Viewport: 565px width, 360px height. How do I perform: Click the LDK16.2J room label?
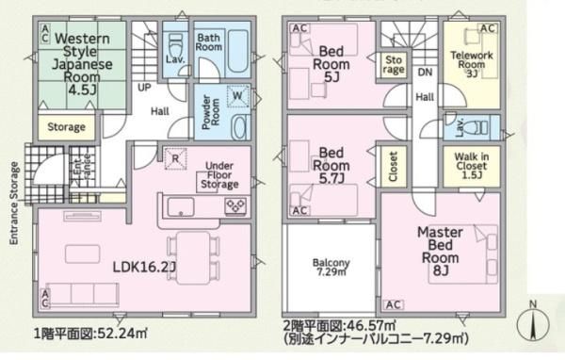click(144, 267)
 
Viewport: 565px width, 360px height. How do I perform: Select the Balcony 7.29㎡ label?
click(331, 267)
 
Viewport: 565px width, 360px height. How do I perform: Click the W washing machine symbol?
click(237, 96)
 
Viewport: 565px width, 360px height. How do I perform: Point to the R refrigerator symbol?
click(175, 158)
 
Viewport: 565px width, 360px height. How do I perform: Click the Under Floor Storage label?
click(219, 175)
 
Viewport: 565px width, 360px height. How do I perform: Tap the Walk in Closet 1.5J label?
click(472, 166)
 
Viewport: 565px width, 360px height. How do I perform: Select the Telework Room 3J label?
click(472, 65)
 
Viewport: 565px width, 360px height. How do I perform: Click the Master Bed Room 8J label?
click(440, 251)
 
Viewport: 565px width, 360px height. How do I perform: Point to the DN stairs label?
click(426, 73)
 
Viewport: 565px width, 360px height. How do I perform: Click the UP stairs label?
click(144, 88)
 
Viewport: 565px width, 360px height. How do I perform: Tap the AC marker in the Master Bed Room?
click(394, 304)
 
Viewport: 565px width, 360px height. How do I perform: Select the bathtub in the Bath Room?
click(238, 52)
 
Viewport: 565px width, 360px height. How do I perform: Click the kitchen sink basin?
click(181, 207)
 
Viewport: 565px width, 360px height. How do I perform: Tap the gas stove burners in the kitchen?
click(235, 206)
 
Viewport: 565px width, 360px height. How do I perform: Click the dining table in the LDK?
click(193, 258)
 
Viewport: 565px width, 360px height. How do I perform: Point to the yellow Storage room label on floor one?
click(66, 127)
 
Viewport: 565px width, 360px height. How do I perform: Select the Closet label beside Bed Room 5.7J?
click(393, 166)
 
